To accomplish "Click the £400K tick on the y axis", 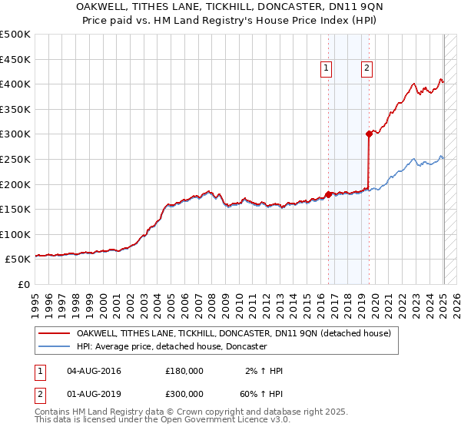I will pos(16,84).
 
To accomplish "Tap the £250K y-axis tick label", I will pos(16,159).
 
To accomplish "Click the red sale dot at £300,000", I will pos(369,134).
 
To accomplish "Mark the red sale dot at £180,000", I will pos(328,194).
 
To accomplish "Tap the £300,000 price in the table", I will pos(184,393).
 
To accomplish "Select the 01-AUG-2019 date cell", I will pos(95,393).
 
